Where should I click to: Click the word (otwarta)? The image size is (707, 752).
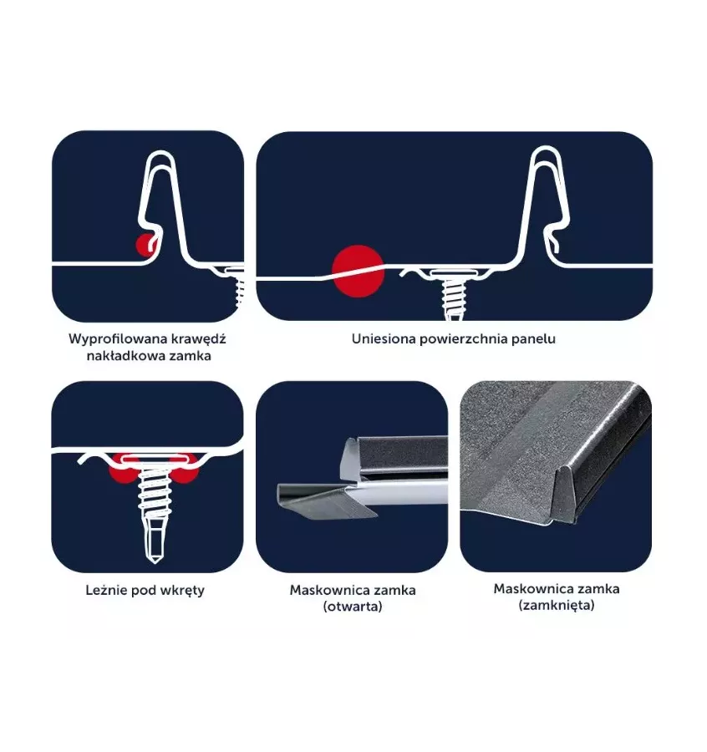(x=353, y=607)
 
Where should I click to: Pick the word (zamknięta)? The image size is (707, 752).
(x=557, y=605)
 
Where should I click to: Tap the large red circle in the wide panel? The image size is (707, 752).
(x=359, y=271)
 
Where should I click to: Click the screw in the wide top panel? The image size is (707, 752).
(x=453, y=294)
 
